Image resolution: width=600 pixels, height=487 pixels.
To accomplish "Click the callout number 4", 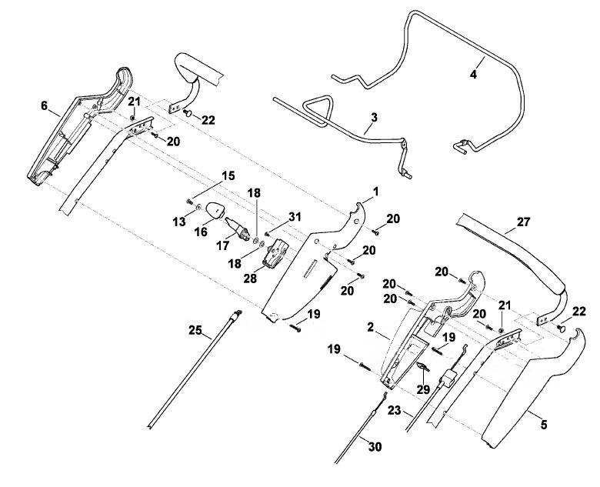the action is coord(473,75).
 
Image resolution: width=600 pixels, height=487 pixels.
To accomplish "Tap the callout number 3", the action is coord(375,118).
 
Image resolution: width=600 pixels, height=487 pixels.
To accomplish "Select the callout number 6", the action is coord(45,105).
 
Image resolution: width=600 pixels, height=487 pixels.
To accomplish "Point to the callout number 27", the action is coord(523,222).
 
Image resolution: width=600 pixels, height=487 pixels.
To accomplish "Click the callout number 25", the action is coord(195,329).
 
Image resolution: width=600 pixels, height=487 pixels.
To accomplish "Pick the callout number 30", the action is coord(375,446).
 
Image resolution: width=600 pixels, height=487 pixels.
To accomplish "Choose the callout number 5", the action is coord(544,424).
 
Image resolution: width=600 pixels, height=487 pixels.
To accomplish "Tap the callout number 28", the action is coord(250,279).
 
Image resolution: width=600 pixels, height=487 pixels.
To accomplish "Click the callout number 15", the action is coord(228,176).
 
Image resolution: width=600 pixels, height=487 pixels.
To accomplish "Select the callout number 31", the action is coord(295,217).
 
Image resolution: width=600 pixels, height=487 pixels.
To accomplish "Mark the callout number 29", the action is coord(423,390).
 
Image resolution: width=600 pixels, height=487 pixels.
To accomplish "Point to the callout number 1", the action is coord(375,192).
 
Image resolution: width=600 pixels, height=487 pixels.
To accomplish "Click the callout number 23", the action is coord(394,410).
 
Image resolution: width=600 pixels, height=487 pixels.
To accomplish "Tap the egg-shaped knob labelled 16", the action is coord(215,210).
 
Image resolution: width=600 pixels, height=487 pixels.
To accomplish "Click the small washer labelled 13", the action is coord(198,207).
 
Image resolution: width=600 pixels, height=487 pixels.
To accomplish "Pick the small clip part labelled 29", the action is coord(422,367).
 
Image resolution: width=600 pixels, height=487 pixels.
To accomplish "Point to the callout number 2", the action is coord(370,327).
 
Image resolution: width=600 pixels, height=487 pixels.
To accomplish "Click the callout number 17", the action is coord(222,245).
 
